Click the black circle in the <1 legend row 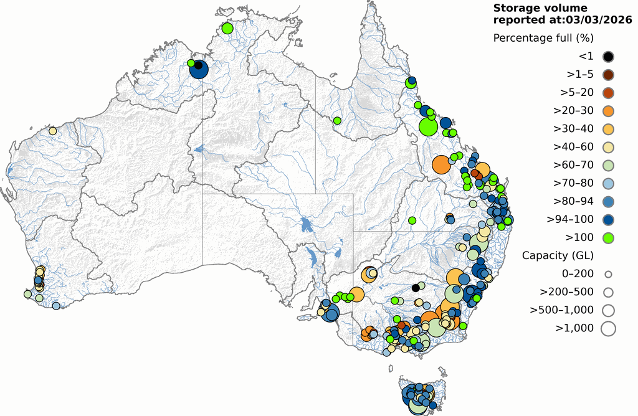[x=608, y=57]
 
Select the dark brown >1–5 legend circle [x=608, y=75]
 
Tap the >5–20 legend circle [x=608, y=93]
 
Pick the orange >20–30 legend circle [x=608, y=111]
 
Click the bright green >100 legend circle [x=608, y=237]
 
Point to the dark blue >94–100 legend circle [x=608, y=219]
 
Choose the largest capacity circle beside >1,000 [x=608, y=328]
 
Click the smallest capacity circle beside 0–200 [x=608, y=273]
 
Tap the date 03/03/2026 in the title [x=595, y=20]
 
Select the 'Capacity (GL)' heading [x=558, y=255]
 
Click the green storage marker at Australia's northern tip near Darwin [x=227, y=28]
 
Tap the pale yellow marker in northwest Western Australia [x=53, y=131]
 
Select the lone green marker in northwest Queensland [x=337, y=120]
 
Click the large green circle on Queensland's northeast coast [x=428, y=127]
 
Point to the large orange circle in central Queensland [x=441, y=165]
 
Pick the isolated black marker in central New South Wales [x=416, y=287]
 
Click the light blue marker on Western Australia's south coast [x=56, y=306]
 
